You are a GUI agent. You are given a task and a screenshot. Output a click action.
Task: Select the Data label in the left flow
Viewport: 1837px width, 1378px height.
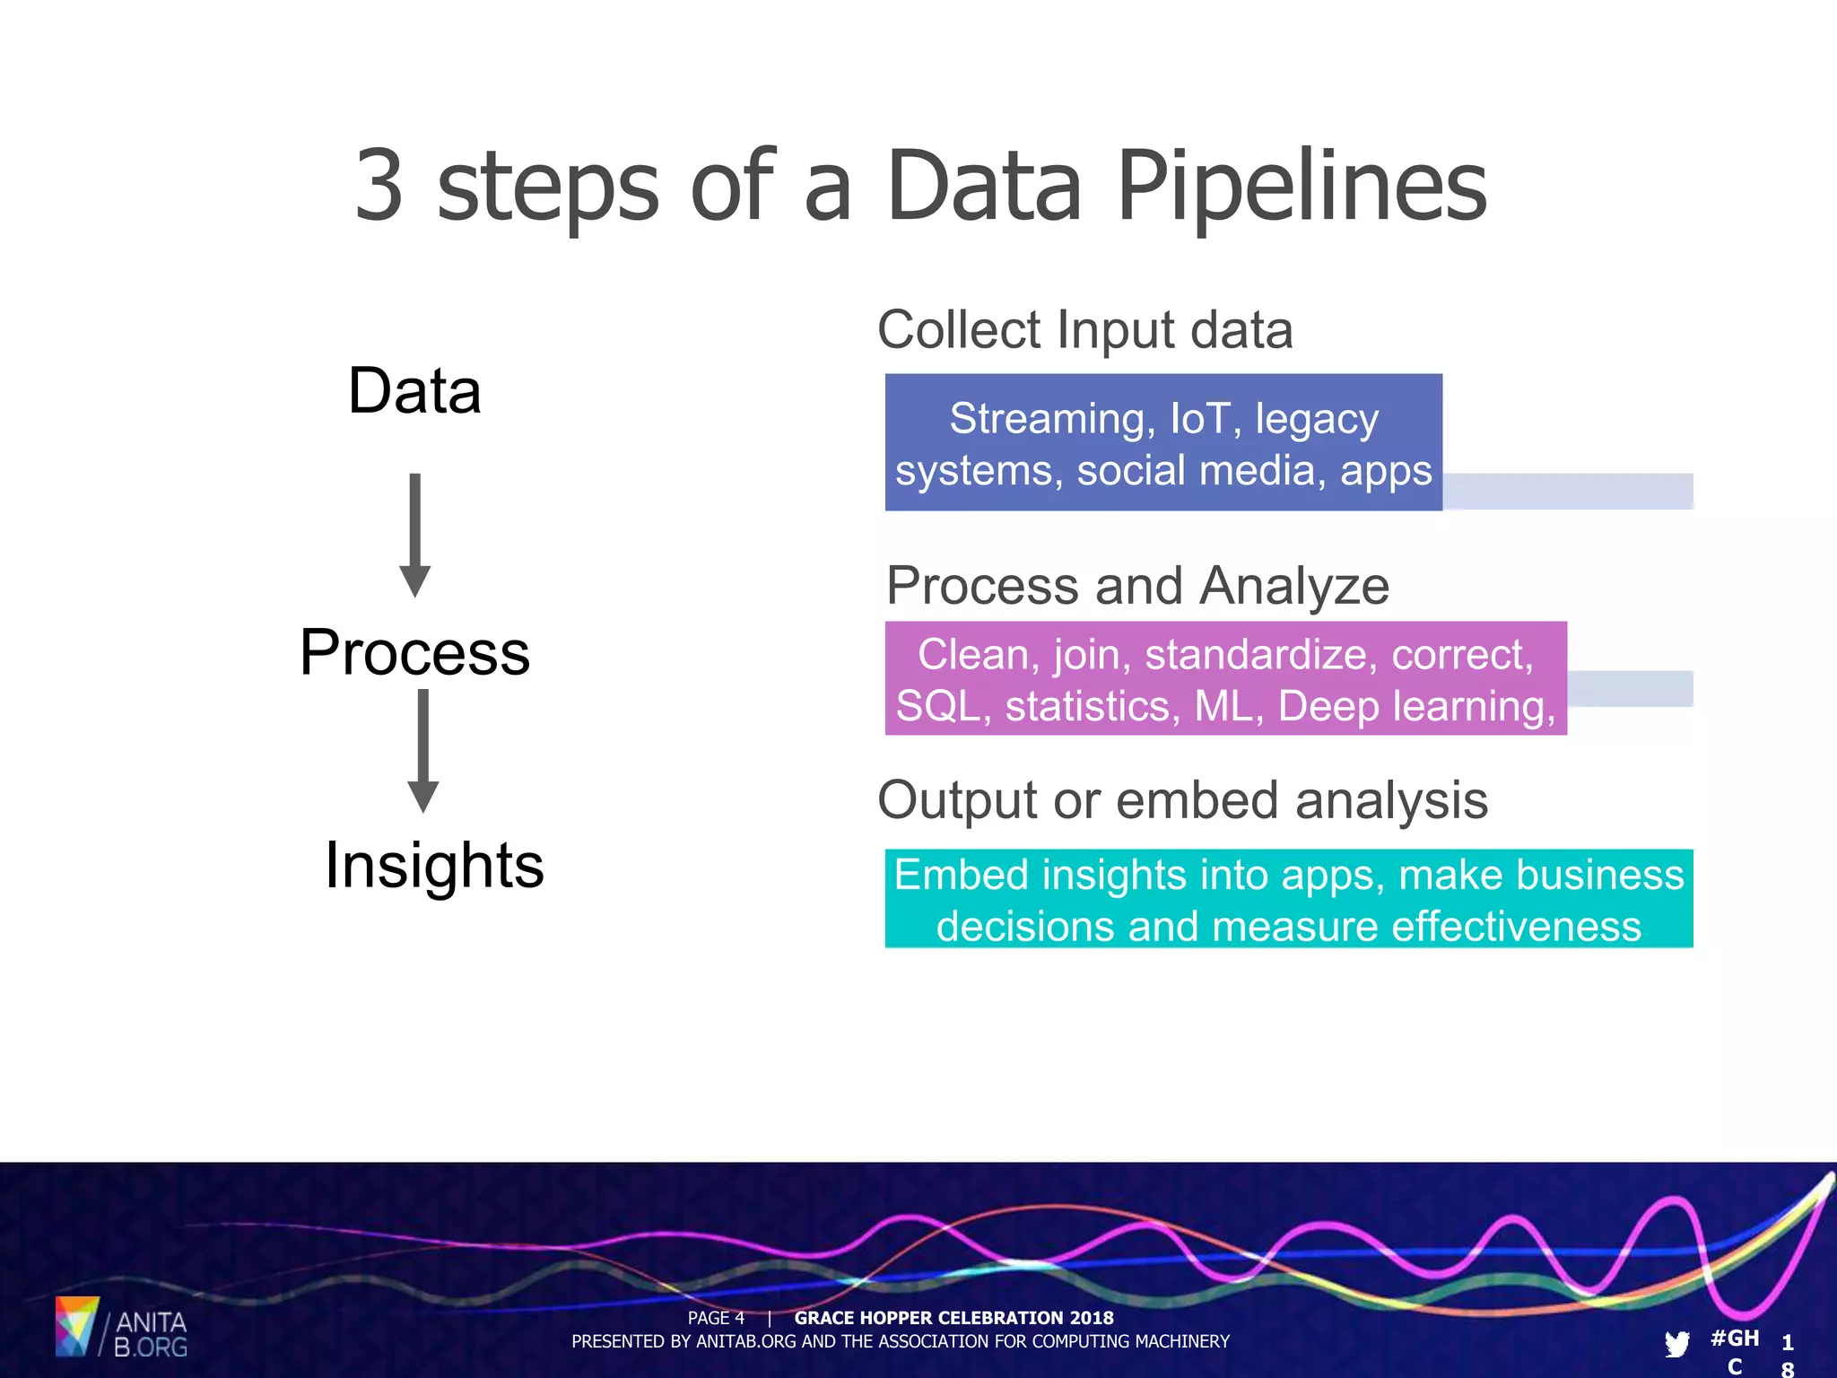coord(414,391)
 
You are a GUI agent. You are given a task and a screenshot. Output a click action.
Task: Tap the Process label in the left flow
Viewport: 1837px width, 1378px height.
coord(414,652)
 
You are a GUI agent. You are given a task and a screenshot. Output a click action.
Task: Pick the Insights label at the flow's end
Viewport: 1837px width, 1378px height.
coord(434,866)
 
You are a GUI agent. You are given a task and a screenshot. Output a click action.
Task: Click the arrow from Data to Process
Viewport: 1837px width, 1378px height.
coord(414,535)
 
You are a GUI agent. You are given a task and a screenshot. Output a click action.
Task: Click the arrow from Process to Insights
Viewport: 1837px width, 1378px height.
coord(422,750)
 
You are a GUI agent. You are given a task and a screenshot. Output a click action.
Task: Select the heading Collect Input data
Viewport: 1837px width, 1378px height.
coord(1085,330)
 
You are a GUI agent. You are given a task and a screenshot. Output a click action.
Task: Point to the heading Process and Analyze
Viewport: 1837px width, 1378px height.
coord(1137,586)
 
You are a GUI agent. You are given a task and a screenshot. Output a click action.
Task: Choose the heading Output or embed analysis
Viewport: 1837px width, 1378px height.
coord(1182,800)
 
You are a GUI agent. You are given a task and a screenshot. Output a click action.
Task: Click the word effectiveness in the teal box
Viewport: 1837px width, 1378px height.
coord(1516,926)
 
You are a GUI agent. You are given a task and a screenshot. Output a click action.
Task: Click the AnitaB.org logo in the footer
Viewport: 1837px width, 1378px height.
coord(121,1327)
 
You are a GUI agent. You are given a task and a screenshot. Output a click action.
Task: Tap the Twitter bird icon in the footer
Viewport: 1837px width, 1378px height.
coord(1676,1343)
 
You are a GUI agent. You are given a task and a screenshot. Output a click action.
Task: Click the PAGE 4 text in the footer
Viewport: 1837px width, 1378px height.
coord(716,1318)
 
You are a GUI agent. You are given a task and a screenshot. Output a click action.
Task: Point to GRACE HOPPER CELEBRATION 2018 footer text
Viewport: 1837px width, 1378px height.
coord(953,1318)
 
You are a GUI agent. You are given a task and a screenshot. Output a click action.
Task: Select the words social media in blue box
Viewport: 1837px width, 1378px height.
coord(1201,471)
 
